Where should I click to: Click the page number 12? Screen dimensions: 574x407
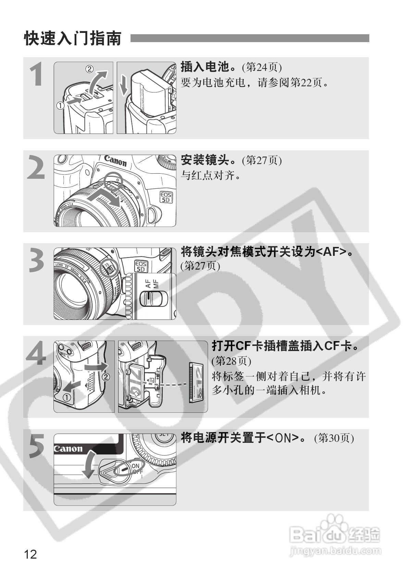30,553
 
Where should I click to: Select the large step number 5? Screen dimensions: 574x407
36,446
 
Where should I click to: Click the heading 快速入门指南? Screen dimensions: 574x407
73,38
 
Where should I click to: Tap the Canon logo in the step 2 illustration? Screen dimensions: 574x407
115,160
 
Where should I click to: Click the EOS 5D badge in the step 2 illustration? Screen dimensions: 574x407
166,197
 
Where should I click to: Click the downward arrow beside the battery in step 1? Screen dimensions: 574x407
123,85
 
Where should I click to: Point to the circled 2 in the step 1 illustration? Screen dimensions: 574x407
89,69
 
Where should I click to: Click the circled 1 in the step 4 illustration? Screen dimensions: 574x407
67,398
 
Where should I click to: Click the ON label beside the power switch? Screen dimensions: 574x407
136,465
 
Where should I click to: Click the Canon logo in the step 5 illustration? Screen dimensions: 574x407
68,449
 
